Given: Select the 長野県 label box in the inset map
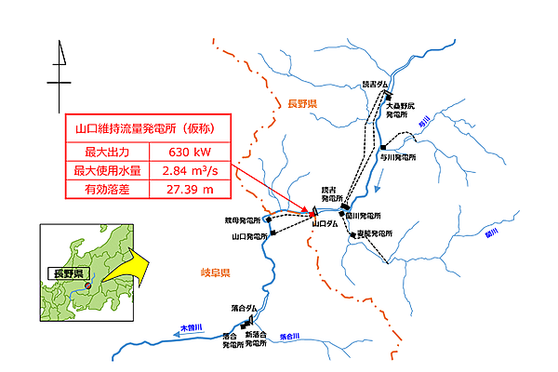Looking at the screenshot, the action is coord(68,273).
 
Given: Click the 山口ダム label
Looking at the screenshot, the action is coord(325,224).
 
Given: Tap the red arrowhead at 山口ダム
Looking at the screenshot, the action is coord(313,214).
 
